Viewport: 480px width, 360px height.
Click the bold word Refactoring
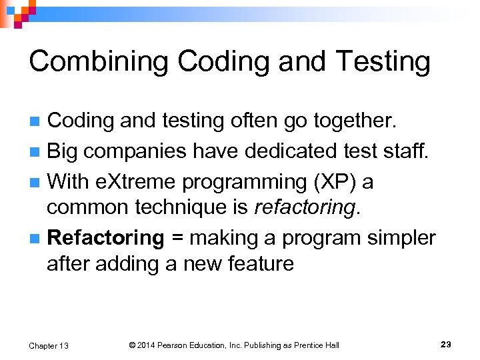[106, 237]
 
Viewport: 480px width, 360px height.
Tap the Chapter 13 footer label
[49, 345]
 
